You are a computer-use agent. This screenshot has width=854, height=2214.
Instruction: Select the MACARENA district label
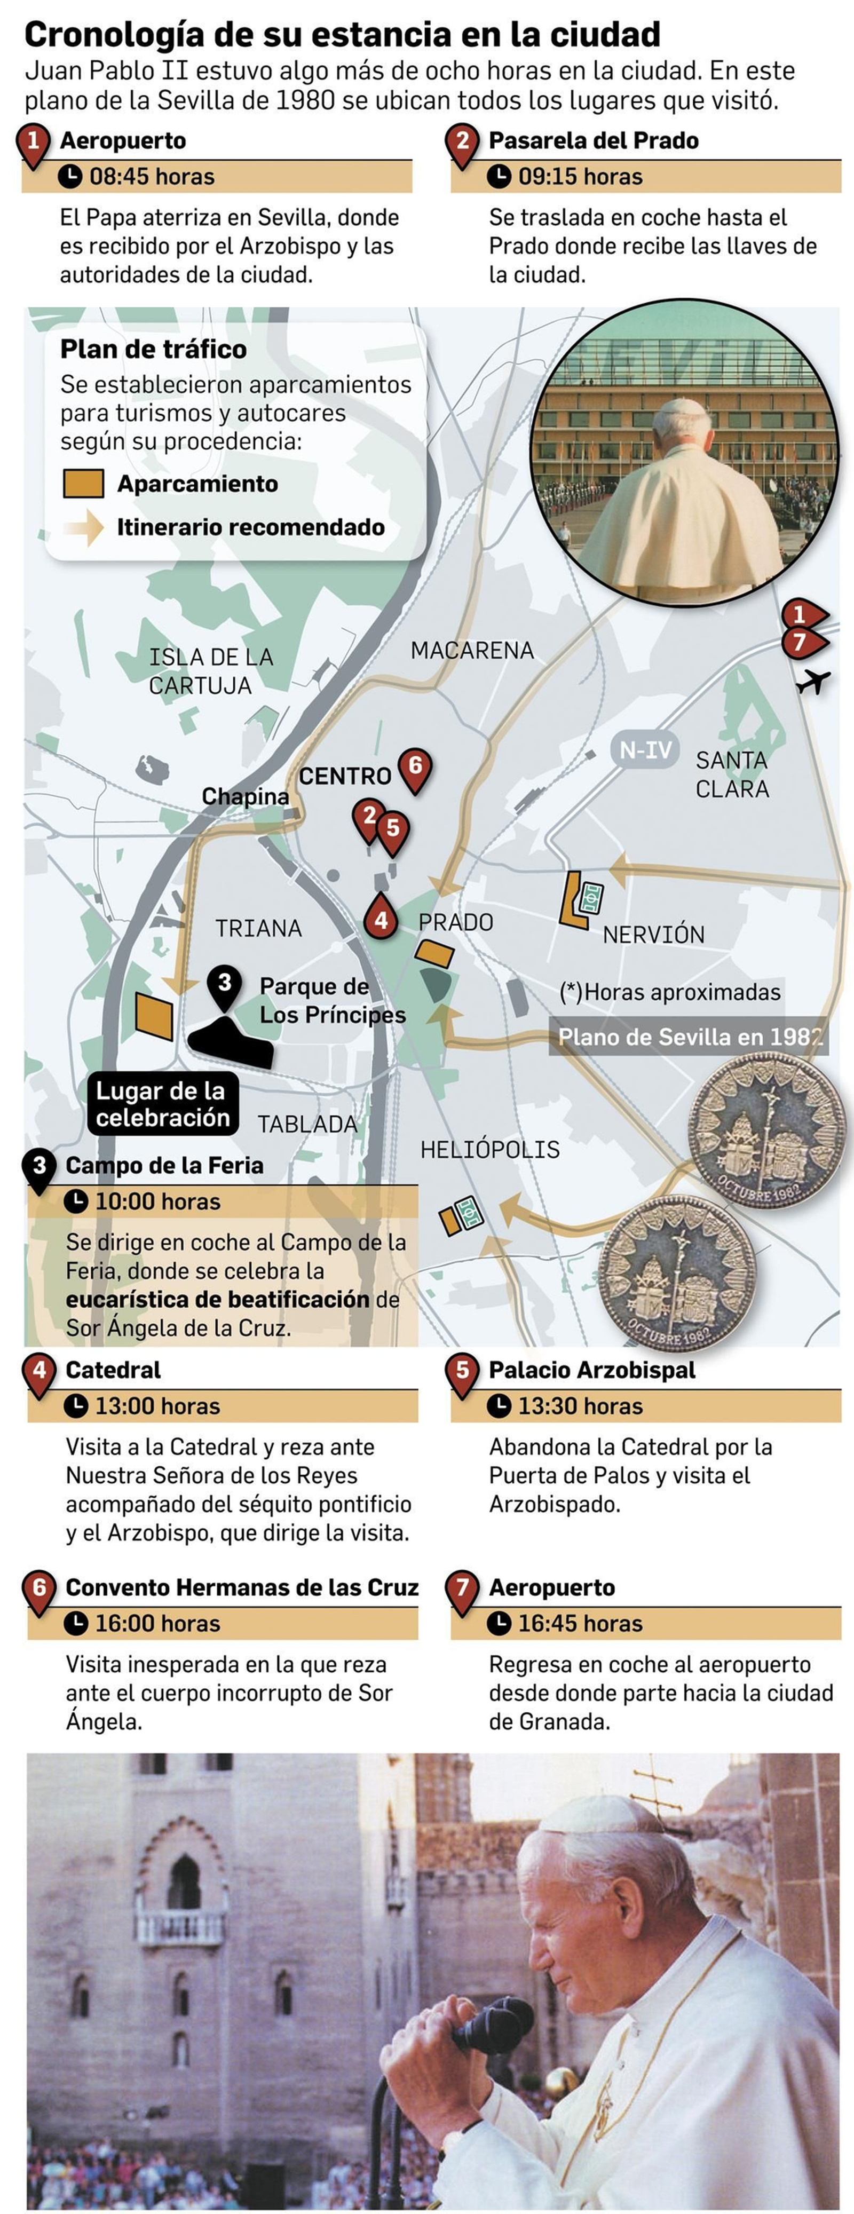[472, 651]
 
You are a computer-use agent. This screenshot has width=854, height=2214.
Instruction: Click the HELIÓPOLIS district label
[490, 1149]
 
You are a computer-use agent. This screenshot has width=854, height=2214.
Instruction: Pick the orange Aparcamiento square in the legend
[83, 484]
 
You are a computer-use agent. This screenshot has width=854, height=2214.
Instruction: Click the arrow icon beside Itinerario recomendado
[85, 528]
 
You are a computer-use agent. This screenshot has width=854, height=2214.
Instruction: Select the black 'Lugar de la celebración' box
[162, 1104]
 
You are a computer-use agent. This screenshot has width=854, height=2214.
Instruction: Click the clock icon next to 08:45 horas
[69, 176]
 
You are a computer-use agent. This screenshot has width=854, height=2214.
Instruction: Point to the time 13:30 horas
[580, 1406]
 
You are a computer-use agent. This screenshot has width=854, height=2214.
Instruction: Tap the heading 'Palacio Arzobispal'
[592, 1370]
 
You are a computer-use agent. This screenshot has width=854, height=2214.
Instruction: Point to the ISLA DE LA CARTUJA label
[210, 671]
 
